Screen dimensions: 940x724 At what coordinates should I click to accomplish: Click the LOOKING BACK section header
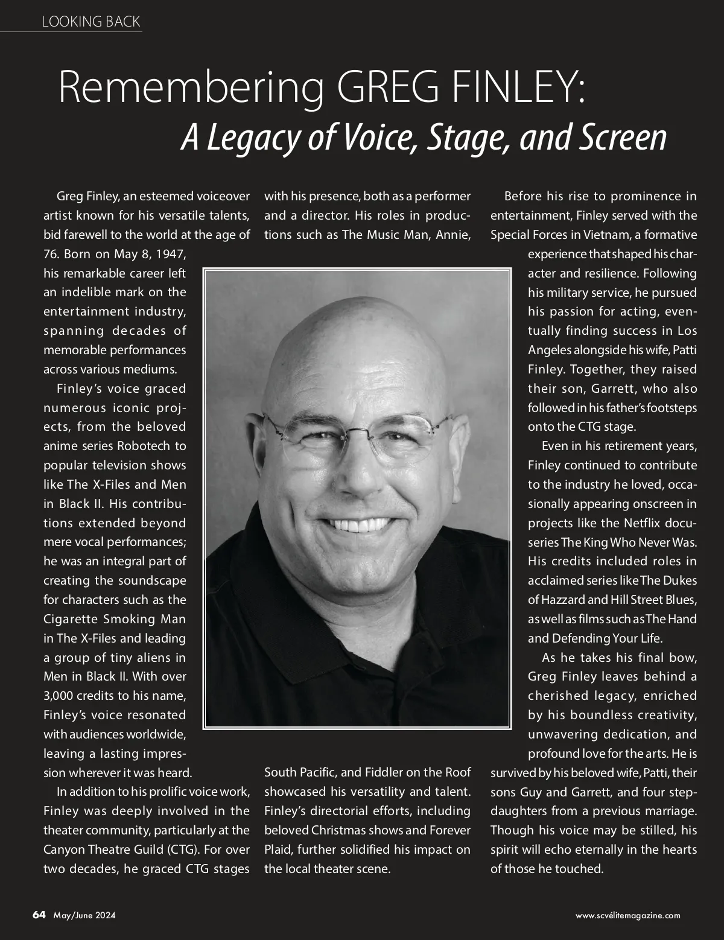click(x=91, y=22)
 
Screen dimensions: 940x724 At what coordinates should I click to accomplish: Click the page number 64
click(x=39, y=915)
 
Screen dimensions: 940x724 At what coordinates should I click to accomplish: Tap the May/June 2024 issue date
click(x=84, y=915)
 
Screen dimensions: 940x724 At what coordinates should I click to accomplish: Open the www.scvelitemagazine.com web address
click(x=627, y=915)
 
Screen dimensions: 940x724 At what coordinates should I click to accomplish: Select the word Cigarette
click(x=70, y=619)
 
